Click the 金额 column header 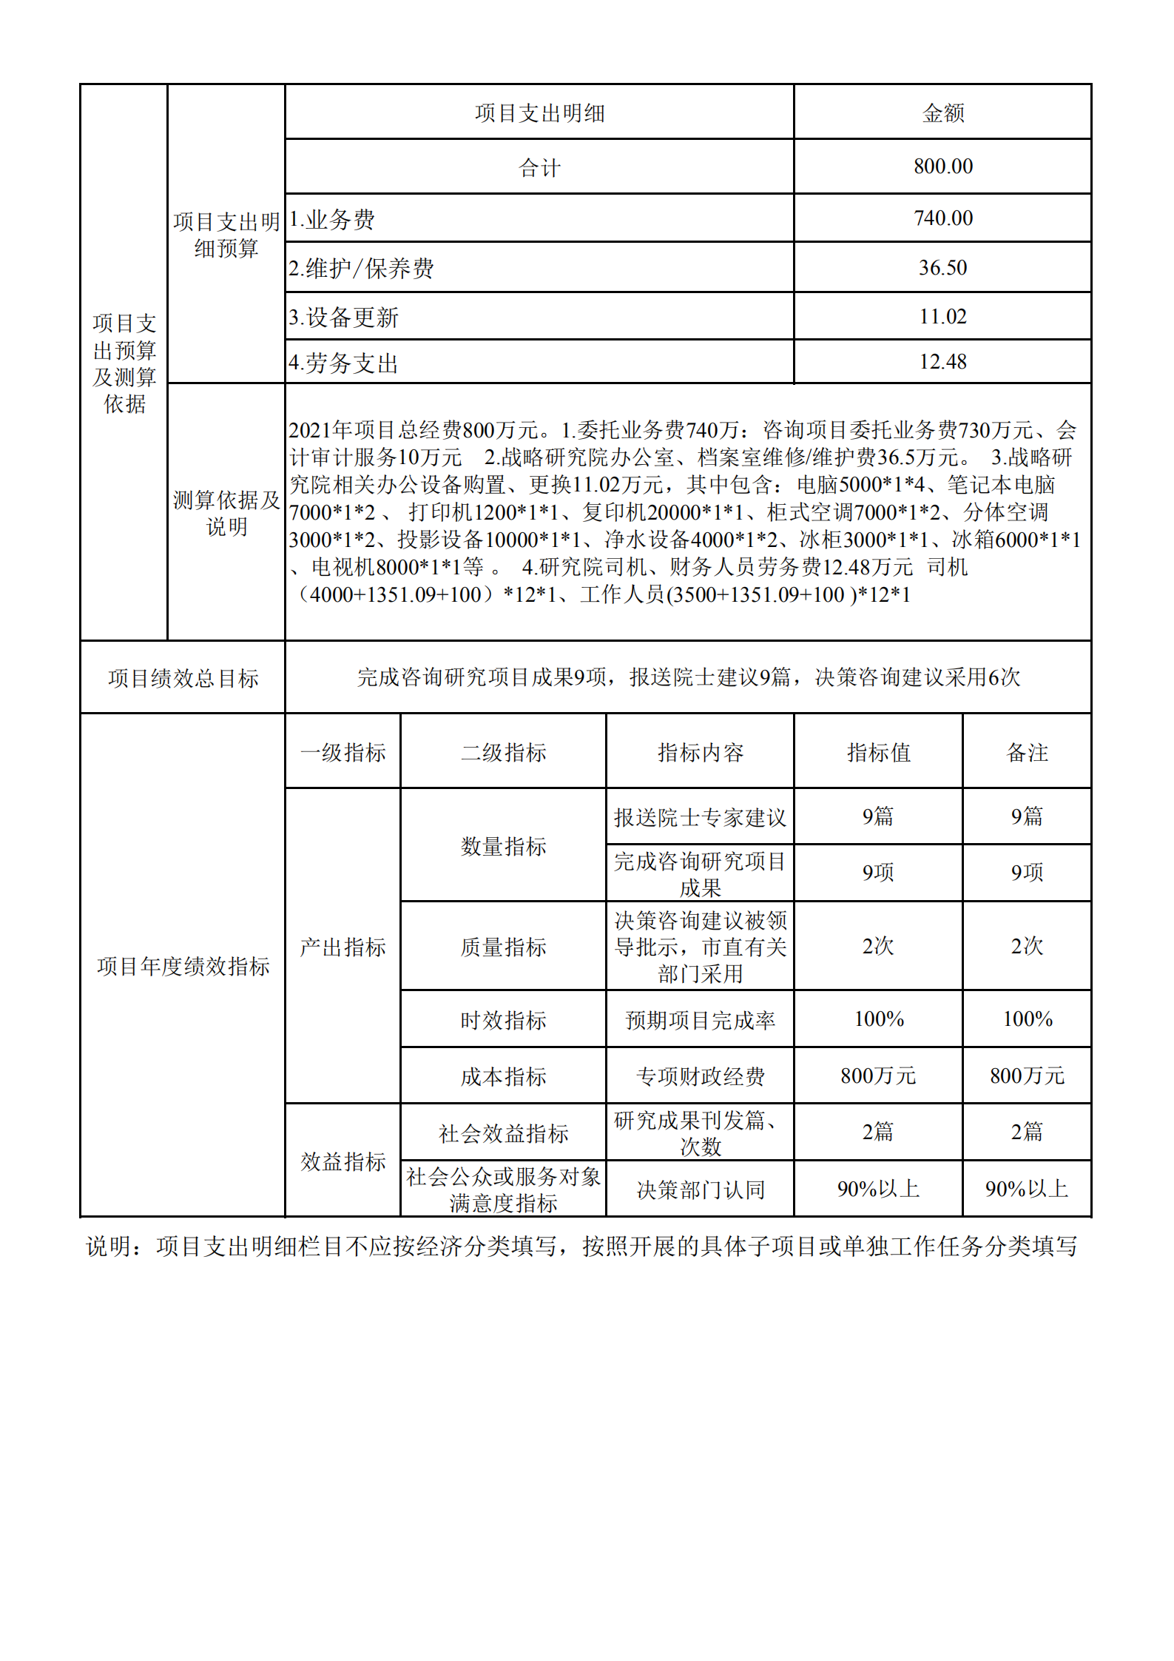pyautogui.click(x=942, y=113)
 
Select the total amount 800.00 pyautogui.click(x=942, y=167)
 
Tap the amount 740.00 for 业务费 pyautogui.click(x=942, y=218)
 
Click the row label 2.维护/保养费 pyautogui.click(x=361, y=268)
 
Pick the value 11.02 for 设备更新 pyautogui.click(x=942, y=317)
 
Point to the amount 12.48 pyautogui.click(x=942, y=362)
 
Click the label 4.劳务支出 pyautogui.click(x=343, y=363)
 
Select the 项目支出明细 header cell pyautogui.click(x=539, y=113)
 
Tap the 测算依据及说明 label pyautogui.click(x=226, y=513)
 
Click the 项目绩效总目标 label pyautogui.click(x=183, y=678)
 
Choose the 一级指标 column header pyautogui.click(x=343, y=753)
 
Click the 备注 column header pyautogui.click(x=1027, y=753)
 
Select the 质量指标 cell pyautogui.click(x=503, y=947)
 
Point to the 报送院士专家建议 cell pyautogui.click(x=700, y=817)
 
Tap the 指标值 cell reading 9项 pyautogui.click(x=878, y=873)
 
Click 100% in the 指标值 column pyautogui.click(x=878, y=1019)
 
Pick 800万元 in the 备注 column pyautogui.click(x=1027, y=1076)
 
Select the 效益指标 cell pyautogui.click(x=343, y=1161)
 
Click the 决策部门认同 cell pyautogui.click(x=700, y=1189)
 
